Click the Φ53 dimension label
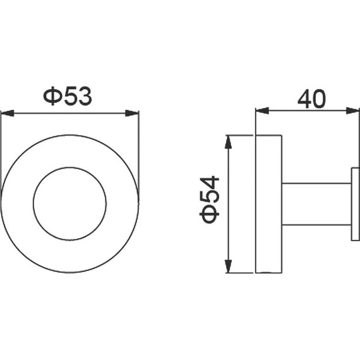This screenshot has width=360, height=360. click(x=68, y=96)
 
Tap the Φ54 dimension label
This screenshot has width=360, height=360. click(x=210, y=200)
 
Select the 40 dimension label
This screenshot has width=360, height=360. click(x=311, y=99)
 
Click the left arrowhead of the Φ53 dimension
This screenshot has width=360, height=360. click(x=8, y=113)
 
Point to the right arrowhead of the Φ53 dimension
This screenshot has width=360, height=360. click(x=132, y=113)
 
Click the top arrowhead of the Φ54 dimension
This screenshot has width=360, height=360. click(x=228, y=142)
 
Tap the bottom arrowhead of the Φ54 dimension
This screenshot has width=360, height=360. click(x=228, y=267)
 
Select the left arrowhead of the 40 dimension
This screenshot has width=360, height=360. click(x=263, y=111)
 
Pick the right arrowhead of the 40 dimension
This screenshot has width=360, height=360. click(x=353, y=111)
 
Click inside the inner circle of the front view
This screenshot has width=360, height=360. click(x=70, y=203)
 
